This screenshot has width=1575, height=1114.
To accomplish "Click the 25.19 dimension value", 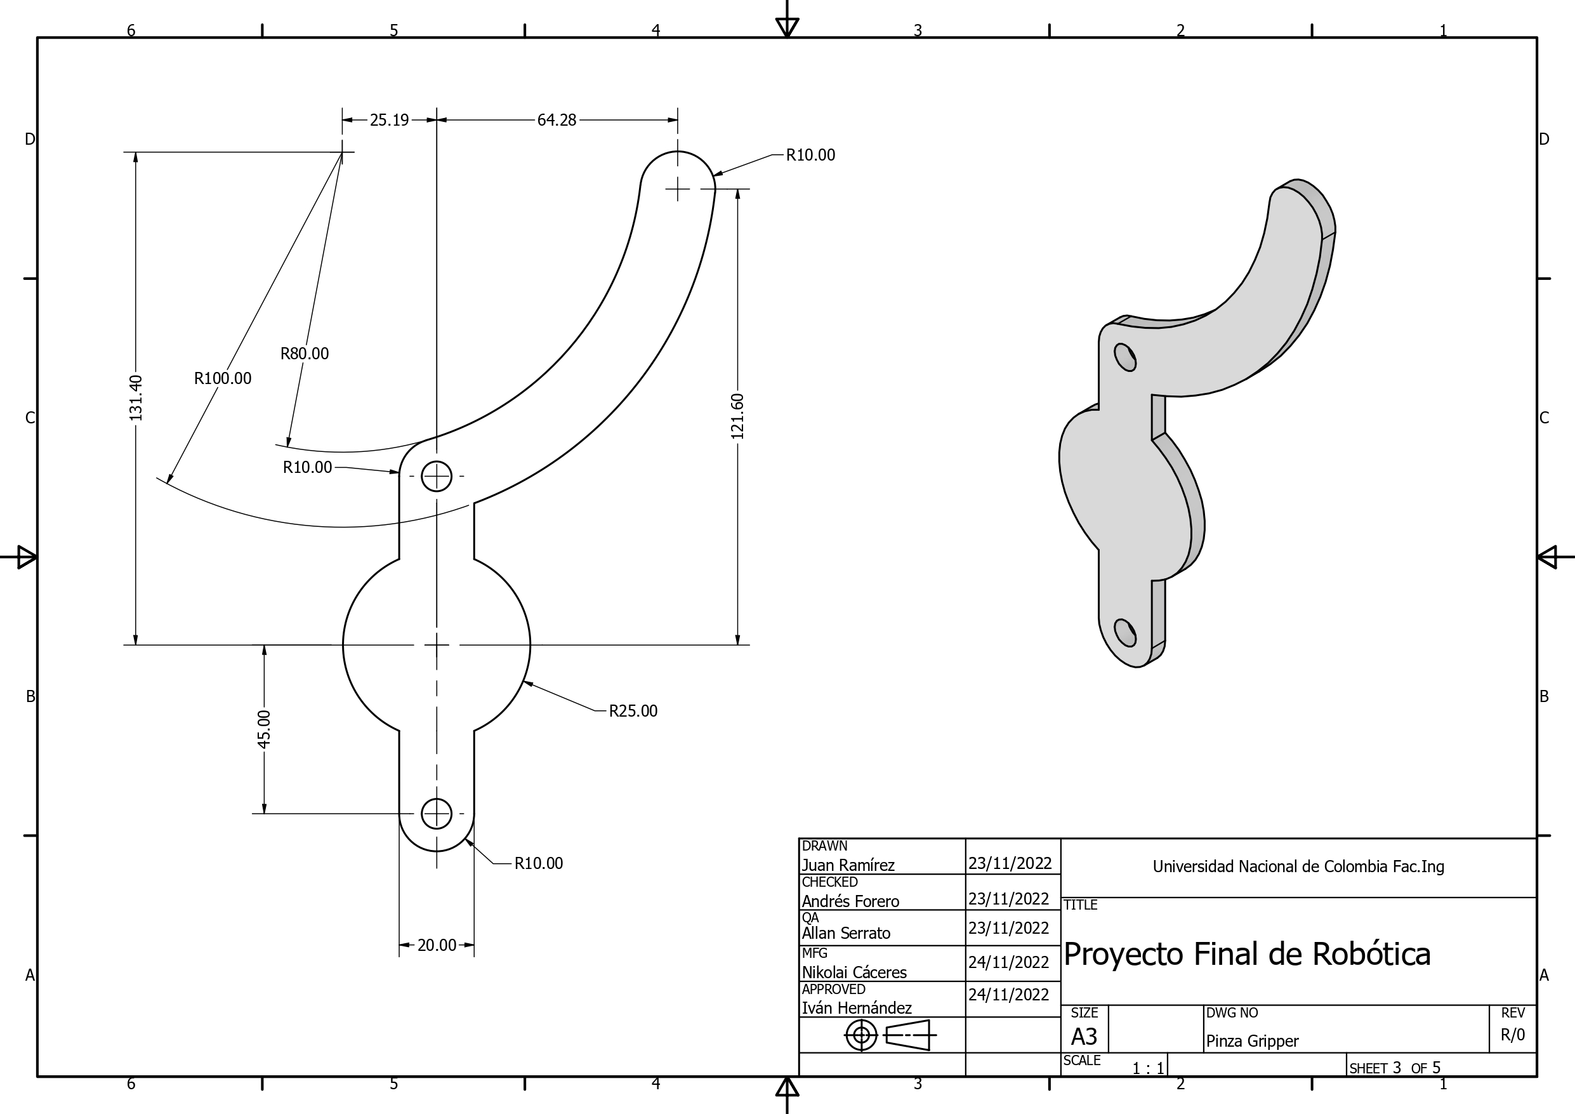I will [x=389, y=120].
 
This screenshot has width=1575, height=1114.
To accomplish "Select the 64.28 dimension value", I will [x=557, y=120].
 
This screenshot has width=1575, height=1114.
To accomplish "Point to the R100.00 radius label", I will [x=222, y=378].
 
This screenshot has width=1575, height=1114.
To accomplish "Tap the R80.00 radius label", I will [x=305, y=354].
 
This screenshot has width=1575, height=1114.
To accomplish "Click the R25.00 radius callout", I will [x=633, y=711].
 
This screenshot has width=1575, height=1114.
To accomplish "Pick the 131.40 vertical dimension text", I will [x=136, y=398].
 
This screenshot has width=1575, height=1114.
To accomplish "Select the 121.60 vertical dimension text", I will [x=737, y=416].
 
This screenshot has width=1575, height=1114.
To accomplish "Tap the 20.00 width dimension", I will [x=437, y=945].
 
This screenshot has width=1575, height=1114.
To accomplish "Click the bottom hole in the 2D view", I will [x=437, y=814].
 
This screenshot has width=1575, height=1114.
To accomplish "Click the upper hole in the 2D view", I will [x=437, y=475].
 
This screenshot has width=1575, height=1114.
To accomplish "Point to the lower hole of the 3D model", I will [x=1125, y=632].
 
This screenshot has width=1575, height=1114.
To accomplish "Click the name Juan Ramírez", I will [x=848, y=866].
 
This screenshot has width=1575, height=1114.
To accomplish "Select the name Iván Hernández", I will [x=856, y=1007].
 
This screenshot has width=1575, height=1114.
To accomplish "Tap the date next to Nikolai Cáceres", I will [x=1008, y=962].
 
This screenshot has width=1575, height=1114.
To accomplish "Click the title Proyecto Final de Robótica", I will [x=1246, y=954].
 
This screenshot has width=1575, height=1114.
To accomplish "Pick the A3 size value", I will [x=1084, y=1036].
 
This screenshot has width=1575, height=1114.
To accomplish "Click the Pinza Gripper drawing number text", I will [x=1252, y=1041].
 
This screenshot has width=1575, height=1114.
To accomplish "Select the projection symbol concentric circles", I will [x=862, y=1035].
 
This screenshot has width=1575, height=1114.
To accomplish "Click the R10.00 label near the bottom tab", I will [x=539, y=863].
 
